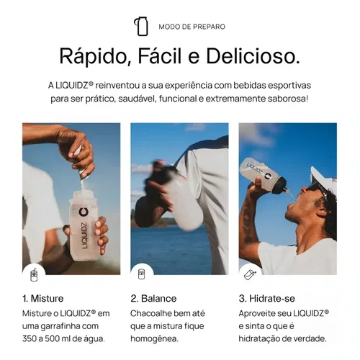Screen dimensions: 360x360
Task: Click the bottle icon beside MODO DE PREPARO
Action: click(141, 27)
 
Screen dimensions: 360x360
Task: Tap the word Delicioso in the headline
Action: click(253, 56)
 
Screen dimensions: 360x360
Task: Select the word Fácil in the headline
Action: click(160, 55)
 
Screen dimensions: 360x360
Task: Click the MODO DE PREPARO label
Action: click(192, 27)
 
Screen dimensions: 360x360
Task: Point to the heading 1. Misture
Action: click(43, 299)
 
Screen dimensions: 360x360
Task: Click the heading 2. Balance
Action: click(153, 299)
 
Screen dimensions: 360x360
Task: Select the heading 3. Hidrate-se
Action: click(267, 299)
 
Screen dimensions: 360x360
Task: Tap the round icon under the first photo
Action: click(34, 275)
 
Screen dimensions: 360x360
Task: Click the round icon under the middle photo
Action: click(142, 274)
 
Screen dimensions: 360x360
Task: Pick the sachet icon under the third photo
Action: click(250, 274)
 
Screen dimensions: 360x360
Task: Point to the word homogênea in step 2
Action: click(155, 339)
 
